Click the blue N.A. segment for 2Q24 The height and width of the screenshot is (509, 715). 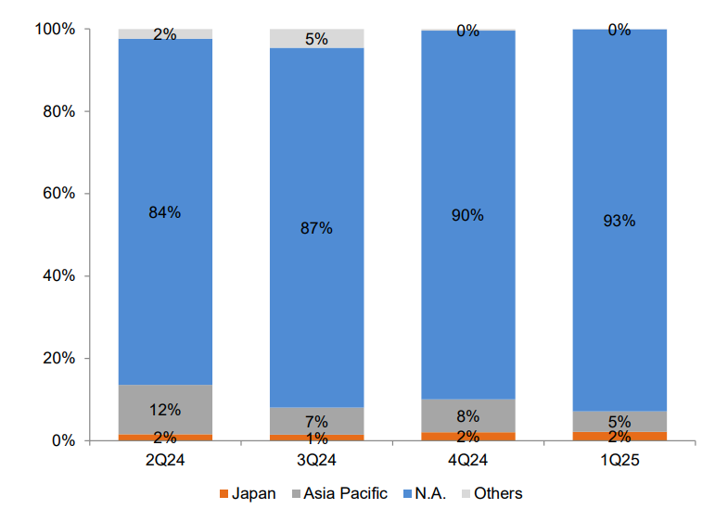165,278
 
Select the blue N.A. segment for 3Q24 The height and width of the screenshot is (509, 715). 316,297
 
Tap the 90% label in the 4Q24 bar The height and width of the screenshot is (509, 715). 468,215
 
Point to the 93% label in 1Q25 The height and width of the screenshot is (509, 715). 619,221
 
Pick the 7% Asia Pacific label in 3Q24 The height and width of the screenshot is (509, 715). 316,422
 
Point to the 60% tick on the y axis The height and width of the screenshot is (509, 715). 58,194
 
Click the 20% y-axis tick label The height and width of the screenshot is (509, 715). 58,359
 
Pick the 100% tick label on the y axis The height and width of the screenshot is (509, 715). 55,30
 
